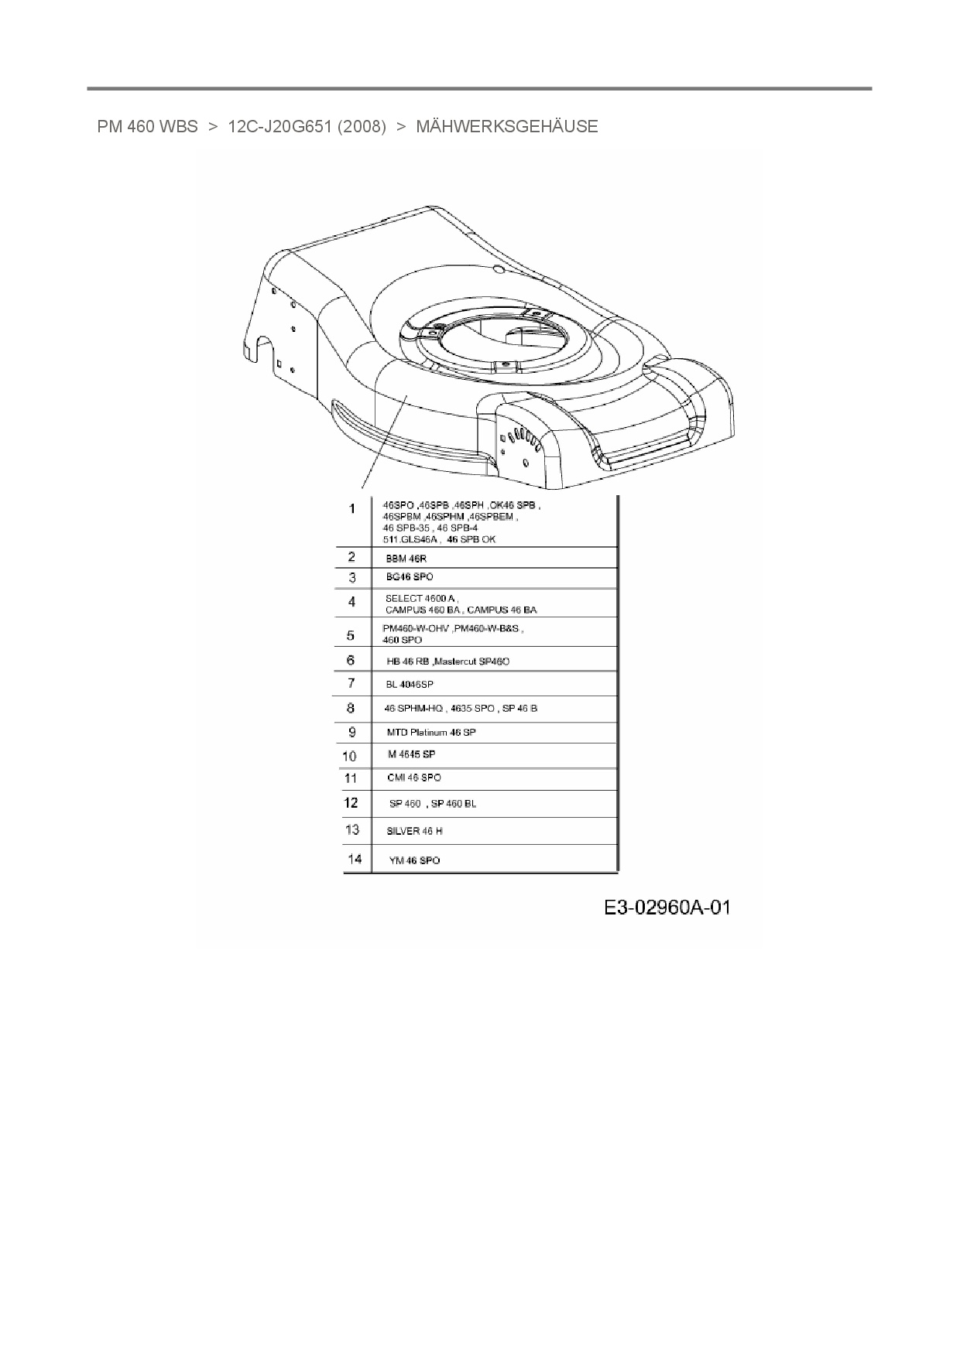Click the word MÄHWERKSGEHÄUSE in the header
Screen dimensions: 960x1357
pyautogui.click(x=506, y=127)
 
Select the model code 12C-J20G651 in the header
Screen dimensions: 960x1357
pyautogui.click(x=280, y=127)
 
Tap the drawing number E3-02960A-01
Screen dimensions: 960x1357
pyautogui.click(x=667, y=908)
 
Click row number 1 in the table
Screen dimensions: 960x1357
pyautogui.click(x=352, y=509)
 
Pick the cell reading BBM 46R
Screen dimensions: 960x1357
pyautogui.click(x=406, y=559)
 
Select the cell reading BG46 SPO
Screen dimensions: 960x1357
pyautogui.click(x=410, y=577)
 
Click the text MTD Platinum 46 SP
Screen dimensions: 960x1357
pyautogui.click(x=431, y=732)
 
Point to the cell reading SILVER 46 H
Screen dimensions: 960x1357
pyautogui.click(x=414, y=831)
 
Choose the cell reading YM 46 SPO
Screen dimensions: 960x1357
pyautogui.click(x=414, y=860)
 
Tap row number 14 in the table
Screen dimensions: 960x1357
pyautogui.click(x=355, y=859)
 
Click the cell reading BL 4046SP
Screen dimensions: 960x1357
pyautogui.click(x=410, y=685)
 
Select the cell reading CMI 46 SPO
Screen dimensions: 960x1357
pyautogui.click(x=414, y=778)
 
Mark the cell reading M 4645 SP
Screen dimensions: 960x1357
pyautogui.click(x=411, y=754)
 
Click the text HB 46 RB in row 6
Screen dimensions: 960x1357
pyautogui.click(x=408, y=661)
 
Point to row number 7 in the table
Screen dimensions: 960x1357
pyautogui.click(x=351, y=683)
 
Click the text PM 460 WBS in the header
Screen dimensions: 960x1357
pyautogui.click(x=147, y=127)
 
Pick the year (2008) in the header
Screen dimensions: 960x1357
pyautogui.click(x=362, y=127)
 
